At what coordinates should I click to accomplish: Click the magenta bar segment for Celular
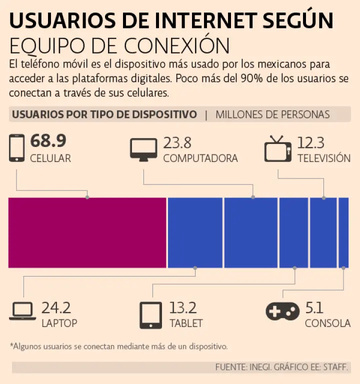coord(87,232)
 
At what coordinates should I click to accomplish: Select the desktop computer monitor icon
coord(143,148)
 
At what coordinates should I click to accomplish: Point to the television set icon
coord(277,148)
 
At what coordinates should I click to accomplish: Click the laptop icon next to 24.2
coord(22,312)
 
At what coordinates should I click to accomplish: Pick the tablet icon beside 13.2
coord(150,315)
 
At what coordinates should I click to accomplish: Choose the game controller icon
coord(282,311)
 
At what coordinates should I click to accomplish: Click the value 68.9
coord(48,141)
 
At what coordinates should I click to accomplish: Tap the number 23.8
coord(177,142)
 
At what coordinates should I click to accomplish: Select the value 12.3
coord(311,142)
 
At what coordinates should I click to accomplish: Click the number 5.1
coord(314,307)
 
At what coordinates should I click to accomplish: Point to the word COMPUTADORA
coord(200,158)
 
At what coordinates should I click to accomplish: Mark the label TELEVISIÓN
coord(323,158)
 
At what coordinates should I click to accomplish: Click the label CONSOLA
coord(327,323)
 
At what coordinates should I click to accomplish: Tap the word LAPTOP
coord(59,323)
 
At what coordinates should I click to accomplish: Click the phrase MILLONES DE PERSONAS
coord(272,114)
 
